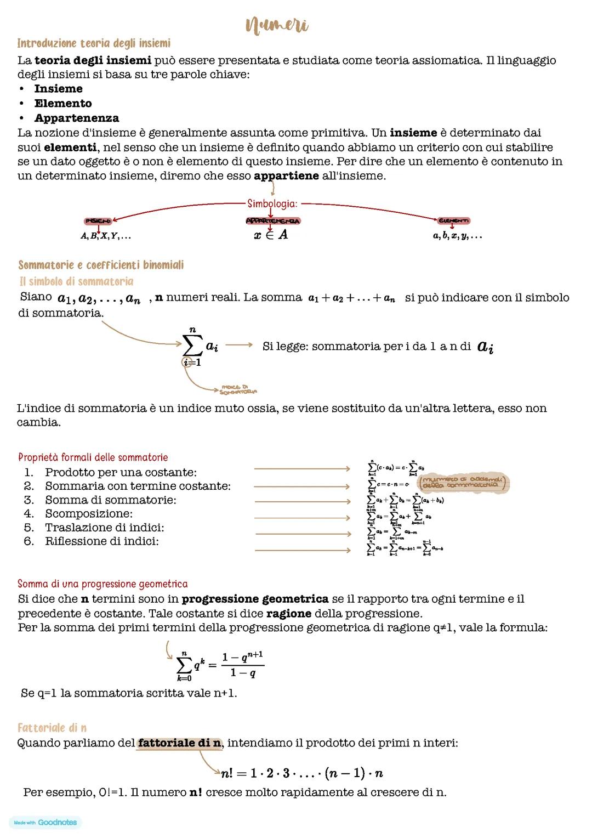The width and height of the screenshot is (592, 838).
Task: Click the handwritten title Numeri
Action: click(x=277, y=25)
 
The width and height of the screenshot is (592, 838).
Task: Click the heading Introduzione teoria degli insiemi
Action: click(x=94, y=43)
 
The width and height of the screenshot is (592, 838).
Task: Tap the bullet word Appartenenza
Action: click(x=76, y=118)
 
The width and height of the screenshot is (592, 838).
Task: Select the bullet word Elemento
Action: click(x=63, y=103)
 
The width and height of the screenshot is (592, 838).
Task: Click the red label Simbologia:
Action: click(x=272, y=204)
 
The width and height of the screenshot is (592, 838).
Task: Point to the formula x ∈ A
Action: click(x=271, y=235)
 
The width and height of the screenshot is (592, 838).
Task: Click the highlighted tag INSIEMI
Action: click(x=98, y=221)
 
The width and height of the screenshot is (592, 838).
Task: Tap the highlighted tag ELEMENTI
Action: click(x=453, y=220)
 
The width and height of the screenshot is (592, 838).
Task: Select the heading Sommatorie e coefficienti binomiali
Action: click(x=101, y=265)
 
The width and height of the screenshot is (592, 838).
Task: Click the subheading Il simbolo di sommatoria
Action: click(x=76, y=281)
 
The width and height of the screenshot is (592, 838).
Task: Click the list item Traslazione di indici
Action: click(x=104, y=528)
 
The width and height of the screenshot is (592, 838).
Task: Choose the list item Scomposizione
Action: click(x=88, y=514)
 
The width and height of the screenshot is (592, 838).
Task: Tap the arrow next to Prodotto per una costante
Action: click(x=302, y=469)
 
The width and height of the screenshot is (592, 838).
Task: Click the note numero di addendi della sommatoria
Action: click(x=463, y=483)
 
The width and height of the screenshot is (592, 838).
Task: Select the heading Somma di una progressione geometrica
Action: click(x=103, y=584)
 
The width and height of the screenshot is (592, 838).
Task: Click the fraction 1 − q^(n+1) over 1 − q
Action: click(x=242, y=665)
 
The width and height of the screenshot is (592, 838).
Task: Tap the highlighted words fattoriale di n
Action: click(x=179, y=743)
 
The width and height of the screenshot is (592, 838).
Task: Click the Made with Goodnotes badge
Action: click(x=45, y=822)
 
